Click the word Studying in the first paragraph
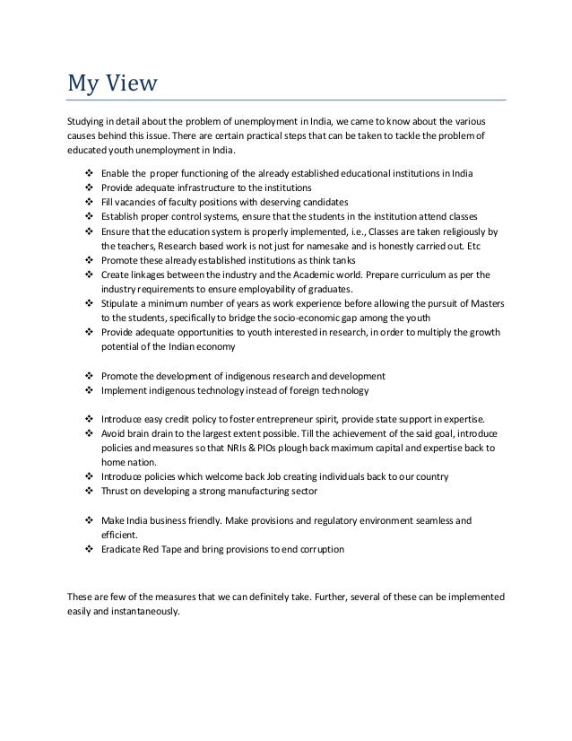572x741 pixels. tap(88, 120)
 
